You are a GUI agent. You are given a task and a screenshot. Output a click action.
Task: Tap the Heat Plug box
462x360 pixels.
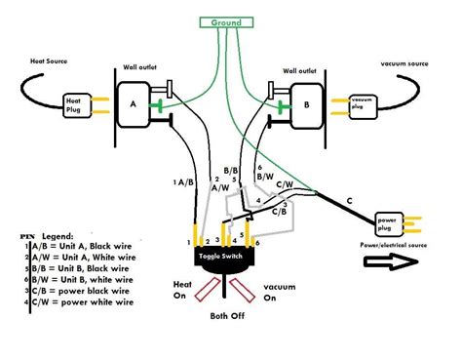coord(74,102)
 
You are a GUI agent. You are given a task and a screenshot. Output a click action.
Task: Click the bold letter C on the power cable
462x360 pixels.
coord(348,200)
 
